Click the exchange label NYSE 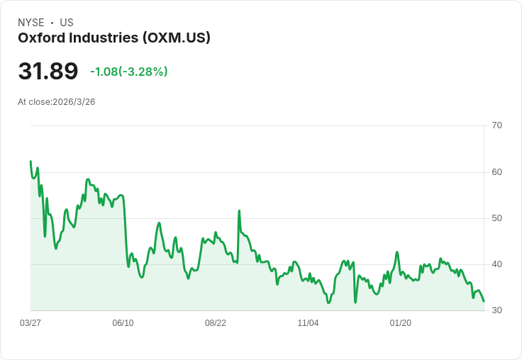coord(31,23)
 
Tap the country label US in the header coord(67,23)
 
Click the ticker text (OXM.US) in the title coord(177,38)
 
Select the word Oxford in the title coord(41,38)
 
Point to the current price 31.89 coord(48,71)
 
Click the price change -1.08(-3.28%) coord(129,72)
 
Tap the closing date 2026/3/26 coord(74,102)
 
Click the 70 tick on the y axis coord(497,125)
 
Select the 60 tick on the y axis coord(497,171)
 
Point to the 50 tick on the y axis coord(497,218)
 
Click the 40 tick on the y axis coord(497,264)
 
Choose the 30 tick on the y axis coord(497,310)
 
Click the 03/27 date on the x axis coord(30,323)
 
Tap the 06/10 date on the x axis coord(123,323)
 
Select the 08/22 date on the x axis coord(216,323)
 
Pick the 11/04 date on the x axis coord(308,323)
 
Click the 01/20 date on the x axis coord(401,323)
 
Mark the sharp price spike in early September coord(239,210)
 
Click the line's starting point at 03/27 coord(30,162)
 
